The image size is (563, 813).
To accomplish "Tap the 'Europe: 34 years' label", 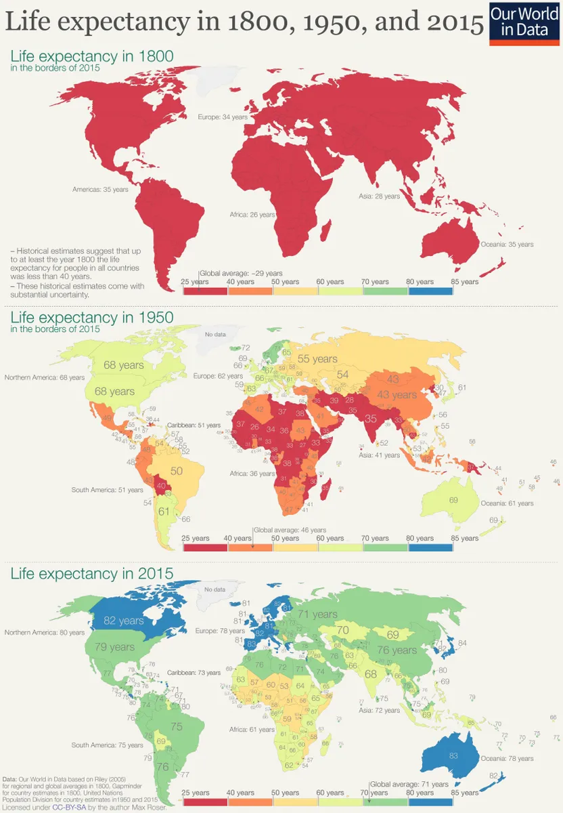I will [x=222, y=117].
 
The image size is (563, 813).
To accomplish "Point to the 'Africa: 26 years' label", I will [x=252, y=215].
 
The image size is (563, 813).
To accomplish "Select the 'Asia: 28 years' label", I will [x=379, y=196].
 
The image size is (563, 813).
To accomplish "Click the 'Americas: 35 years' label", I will [x=100, y=190].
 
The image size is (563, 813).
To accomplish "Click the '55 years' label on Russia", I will [x=317, y=359].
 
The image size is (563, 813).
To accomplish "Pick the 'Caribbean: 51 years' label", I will [x=194, y=425].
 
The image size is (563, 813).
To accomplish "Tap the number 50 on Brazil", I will [x=177, y=470].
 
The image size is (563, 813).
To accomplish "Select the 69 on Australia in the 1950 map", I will [x=453, y=500].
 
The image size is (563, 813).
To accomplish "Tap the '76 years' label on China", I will [x=397, y=650].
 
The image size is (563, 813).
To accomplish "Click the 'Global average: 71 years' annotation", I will [x=409, y=784].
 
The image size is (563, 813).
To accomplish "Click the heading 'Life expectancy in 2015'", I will [x=91, y=574].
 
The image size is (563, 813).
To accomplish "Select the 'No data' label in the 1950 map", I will [x=215, y=335].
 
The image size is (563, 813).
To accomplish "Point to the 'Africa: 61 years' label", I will [x=252, y=730].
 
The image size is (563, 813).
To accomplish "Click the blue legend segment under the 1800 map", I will [x=430, y=291].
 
